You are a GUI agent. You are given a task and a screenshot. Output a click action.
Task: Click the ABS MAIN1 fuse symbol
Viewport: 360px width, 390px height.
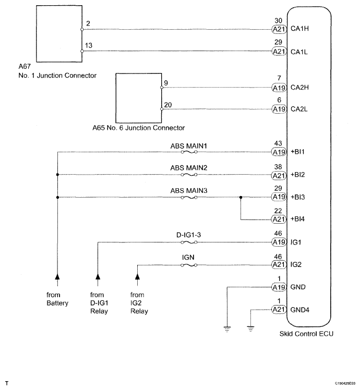click(189, 152)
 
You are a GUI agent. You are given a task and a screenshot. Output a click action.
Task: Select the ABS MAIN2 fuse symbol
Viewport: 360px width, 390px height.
click(189, 175)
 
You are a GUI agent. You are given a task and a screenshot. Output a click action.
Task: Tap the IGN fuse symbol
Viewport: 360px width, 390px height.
click(189, 265)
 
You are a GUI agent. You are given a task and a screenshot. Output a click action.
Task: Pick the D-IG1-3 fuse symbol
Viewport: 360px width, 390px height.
click(189, 242)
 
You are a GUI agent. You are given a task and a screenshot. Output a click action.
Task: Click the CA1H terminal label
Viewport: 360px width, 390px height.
click(299, 29)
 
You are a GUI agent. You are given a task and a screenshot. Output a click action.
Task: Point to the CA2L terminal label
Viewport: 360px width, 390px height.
click(299, 109)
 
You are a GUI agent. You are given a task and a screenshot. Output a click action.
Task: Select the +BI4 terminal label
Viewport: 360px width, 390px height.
click(297, 219)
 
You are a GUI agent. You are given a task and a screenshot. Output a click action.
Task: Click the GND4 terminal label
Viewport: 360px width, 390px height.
click(300, 310)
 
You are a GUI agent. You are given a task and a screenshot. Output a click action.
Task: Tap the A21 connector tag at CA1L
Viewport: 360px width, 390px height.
click(279, 52)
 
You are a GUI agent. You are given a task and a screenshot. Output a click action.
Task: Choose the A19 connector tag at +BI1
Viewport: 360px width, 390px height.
click(279, 152)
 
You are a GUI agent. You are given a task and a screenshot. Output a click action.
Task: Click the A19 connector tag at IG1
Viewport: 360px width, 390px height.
click(279, 242)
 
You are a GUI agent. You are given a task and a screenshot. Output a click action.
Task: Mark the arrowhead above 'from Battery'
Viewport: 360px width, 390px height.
click(57, 276)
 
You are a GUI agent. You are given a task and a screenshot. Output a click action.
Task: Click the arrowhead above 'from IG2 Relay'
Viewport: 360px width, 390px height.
click(137, 276)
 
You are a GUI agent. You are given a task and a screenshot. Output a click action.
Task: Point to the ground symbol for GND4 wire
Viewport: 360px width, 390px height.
click(251, 329)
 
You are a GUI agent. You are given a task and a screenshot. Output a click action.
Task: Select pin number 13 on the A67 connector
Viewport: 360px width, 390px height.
click(89, 45)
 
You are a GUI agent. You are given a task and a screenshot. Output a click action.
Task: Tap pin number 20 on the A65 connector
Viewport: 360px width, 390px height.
click(168, 105)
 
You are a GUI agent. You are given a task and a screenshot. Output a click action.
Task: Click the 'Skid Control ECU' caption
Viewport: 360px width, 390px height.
click(306, 334)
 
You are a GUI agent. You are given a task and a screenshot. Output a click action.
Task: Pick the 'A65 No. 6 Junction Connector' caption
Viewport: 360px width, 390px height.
click(138, 128)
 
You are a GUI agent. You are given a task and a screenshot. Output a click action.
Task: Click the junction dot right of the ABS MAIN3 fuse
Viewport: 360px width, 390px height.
click(241, 198)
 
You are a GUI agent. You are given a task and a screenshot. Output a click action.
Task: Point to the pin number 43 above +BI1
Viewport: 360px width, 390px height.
click(278, 143)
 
